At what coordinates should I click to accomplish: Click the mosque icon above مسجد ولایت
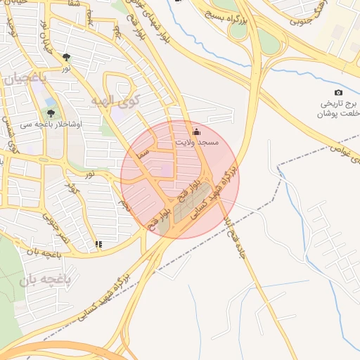(196, 131)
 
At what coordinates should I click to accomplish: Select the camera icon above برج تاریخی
(339, 93)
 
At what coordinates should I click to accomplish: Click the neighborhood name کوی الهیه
(116, 101)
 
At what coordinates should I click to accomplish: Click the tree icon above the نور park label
(66, 57)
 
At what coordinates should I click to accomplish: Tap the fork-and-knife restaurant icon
(98, 245)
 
